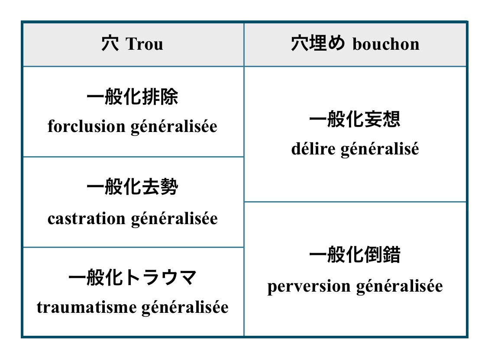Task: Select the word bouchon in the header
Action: point(386,44)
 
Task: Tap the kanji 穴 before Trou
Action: point(110,44)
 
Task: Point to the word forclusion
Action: point(86,127)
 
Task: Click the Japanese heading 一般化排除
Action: point(132,97)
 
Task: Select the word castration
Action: point(86,219)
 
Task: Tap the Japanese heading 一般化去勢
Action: point(132,188)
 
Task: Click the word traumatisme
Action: point(86,308)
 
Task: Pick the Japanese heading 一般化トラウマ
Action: point(132,278)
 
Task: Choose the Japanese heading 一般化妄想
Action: point(355,120)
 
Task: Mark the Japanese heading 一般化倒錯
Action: point(355,255)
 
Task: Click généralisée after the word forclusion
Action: point(174,127)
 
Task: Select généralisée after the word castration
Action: point(174,219)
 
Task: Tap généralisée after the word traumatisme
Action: point(185,308)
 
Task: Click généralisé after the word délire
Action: point(380,149)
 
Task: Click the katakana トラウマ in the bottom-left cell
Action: point(160,278)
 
